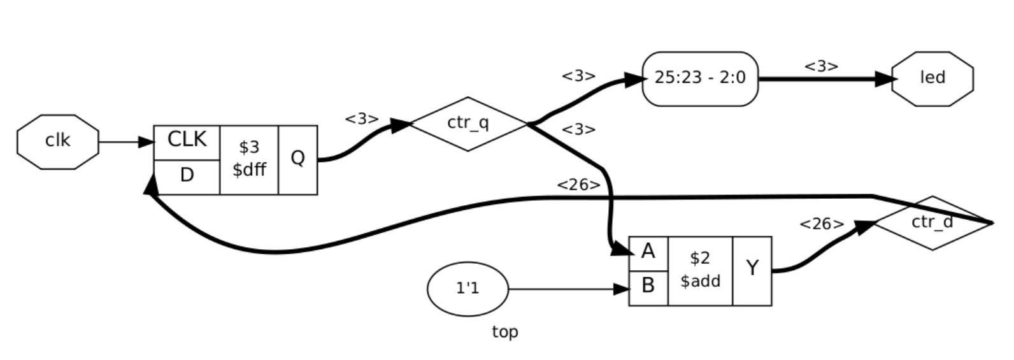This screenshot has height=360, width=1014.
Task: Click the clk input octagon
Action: pyautogui.click(x=58, y=141)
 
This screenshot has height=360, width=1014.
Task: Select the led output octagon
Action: pyautogui.click(x=932, y=78)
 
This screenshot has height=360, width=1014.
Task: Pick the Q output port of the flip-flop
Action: pyautogui.click(x=297, y=159)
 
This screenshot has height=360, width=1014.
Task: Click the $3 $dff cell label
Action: pyautogui.click(x=249, y=159)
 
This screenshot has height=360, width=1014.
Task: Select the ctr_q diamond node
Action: pyautogui.click(x=468, y=124)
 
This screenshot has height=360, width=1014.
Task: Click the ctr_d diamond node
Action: pyautogui.click(x=932, y=223)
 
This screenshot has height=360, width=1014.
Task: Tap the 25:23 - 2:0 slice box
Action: pyautogui.click(x=700, y=78)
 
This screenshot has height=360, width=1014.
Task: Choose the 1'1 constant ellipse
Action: pyautogui.click(x=468, y=289)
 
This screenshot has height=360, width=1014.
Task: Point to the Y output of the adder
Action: pyautogui.click(x=752, y=270)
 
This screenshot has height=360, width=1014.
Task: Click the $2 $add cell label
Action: pyautogui.click(x=700, y=270)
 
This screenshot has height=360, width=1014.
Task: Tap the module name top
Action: pyautogui.click(x=505, y=332)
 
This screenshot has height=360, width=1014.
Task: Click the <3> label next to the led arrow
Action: pyautogui.click(x=820, y=66)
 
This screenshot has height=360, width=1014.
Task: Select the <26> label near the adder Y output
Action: pyautogui.click(x=821, y=224)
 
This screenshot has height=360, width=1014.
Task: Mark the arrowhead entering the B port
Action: pyautogui.click(x=621, y=289)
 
